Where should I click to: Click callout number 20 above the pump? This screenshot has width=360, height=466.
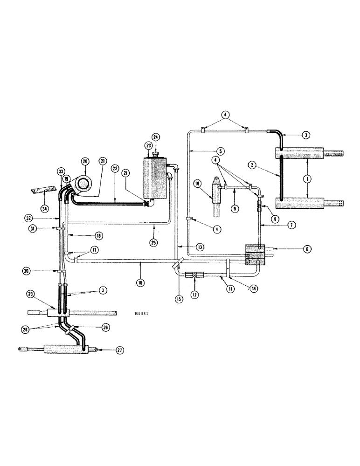84,161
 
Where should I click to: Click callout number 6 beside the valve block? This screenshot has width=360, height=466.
294,249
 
